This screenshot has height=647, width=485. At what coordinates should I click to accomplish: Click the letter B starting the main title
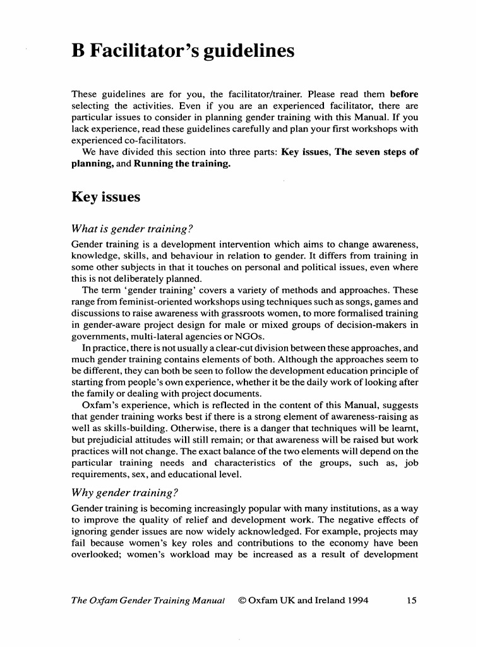78,51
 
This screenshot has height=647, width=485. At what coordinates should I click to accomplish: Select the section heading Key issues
105,197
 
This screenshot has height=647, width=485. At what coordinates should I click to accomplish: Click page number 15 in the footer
411,600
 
